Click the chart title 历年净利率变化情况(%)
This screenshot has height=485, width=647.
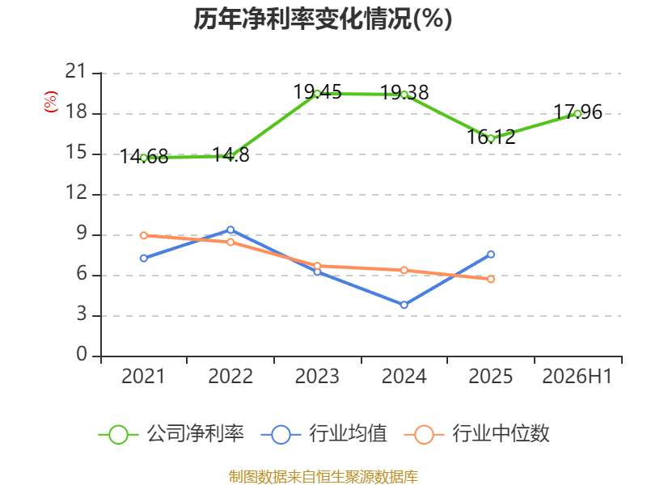[x=323, y=19]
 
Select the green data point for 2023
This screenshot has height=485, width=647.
[x=317, y=94]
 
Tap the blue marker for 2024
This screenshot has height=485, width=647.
[x=404, y=305]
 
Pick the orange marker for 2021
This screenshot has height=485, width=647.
[x=144, y=235]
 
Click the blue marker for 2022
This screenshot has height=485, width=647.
[x=230, y=230]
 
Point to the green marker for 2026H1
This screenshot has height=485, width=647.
[x=577, y=114]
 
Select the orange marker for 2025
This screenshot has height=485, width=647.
[x=491, y=279]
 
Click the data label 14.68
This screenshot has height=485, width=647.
[x=144, y=157]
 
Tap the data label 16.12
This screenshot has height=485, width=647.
[x=491, y=137]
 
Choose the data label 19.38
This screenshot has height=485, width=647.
[x=404, y=92]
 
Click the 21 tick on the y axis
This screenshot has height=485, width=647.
[x=76, y=72]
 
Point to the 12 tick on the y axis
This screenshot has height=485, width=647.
[x=76, y=193]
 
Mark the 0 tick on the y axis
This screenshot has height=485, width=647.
[x=82, y=355]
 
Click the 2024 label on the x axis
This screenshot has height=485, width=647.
[x=404, y=376]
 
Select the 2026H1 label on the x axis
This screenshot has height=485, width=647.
[x=577, y=376]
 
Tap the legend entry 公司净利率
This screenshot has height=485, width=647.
[x=171, y=434]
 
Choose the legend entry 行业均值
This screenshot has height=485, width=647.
[x=324, y=434]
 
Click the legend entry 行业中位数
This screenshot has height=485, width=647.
[x=476, y=434]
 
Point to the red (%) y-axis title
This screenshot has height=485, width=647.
[x=51, y=102]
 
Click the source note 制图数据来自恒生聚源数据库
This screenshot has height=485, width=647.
[x=323, y=477]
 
